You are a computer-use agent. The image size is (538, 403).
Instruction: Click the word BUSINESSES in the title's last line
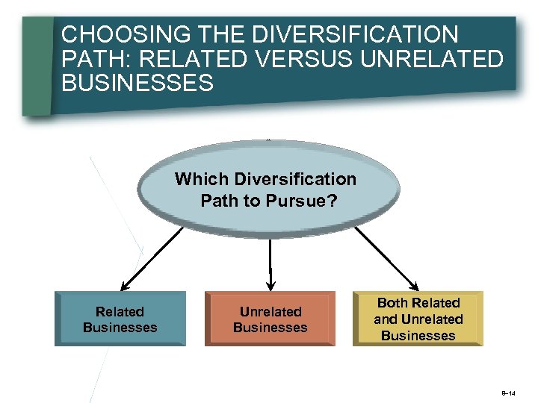coord(137,83)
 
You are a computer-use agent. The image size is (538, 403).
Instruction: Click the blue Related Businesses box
coord(120,319)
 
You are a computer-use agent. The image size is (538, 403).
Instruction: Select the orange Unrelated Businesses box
coord(270,319)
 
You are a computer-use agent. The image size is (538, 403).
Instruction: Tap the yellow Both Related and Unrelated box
coord(418,319)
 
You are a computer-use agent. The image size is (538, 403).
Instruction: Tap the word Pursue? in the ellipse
coord(309,201)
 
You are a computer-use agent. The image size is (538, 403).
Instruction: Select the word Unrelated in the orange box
coord(270,312)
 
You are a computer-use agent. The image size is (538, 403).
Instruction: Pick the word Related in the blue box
coord(120,312)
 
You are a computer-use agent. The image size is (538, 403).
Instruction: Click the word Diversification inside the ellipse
coord(295,180)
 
